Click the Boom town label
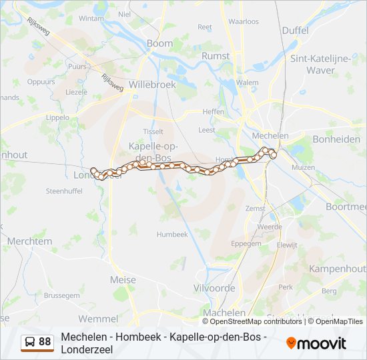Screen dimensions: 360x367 [x=159, y=43]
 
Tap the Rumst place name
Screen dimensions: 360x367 [x=216, y=57]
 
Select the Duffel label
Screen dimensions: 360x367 [x=295, y=31]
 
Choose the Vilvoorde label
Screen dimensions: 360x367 [x=216, y=288]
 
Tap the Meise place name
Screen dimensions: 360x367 [x=123, y=280]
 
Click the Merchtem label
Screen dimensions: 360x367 [x=29, y=241]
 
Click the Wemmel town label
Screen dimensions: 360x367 [x=97, y=319]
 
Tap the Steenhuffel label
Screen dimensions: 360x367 [x=63, y=191]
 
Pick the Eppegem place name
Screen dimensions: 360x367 [x=246, y=244]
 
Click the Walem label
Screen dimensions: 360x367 [x=247, y=83]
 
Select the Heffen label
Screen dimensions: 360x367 [x=214, y=112]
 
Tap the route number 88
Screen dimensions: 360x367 [x=45, y=342]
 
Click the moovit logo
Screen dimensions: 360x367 [x=316, y=343]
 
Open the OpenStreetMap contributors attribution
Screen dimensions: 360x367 [x=252, y=321]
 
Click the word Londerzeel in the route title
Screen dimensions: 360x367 [x=87, y=349]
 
